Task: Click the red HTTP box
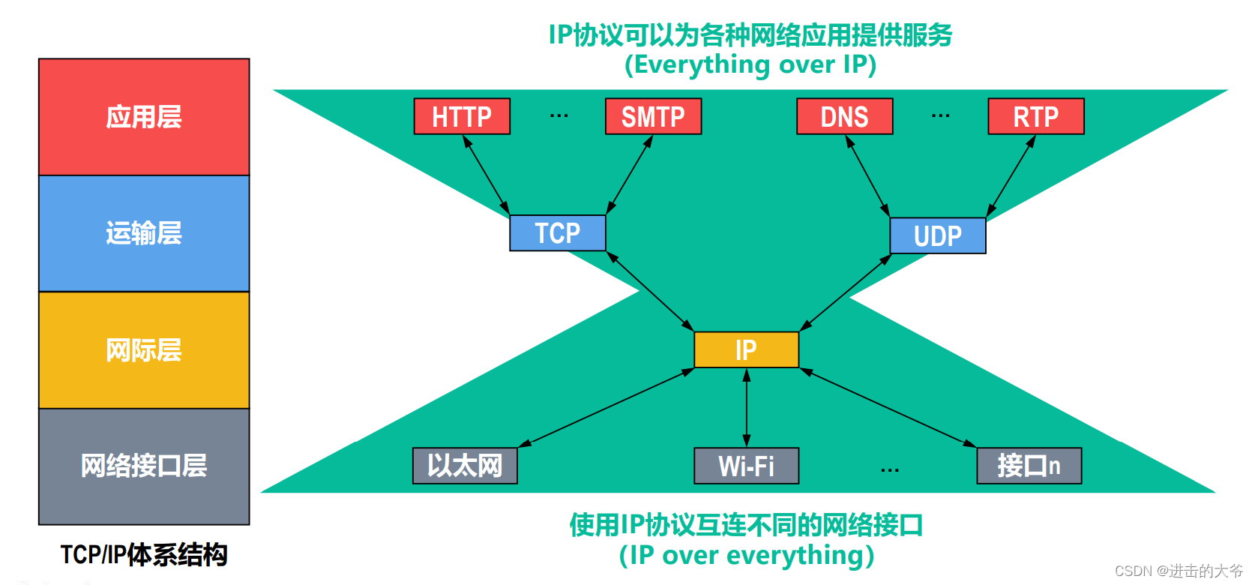tap(462, 116)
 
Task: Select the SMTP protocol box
tap(653, 116)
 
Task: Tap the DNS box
tap(844, 116)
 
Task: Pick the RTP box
tap(1035, 116)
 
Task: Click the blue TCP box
tap(557, 232)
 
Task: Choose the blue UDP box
tap(937, 235)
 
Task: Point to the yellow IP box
tap(746, 349)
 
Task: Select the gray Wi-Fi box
tap(746, 466)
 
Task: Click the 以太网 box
tap(465, 466)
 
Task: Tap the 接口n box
tap(1029, 466)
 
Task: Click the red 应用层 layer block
tap(144, 117)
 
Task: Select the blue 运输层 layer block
tap(144, 233)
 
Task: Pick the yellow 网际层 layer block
tap(144, 350)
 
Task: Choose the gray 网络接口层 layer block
tap(144, 466)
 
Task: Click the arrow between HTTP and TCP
tap(486, 175)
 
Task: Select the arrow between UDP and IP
tap(846, 292)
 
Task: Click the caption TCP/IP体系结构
tap(144, 555)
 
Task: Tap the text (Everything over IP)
tap(750, 65)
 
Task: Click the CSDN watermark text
tap(1179, 571)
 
